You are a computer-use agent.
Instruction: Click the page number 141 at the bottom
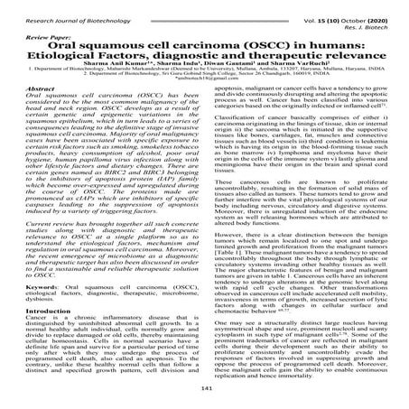pyautogui.click(x=204, y=388)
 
